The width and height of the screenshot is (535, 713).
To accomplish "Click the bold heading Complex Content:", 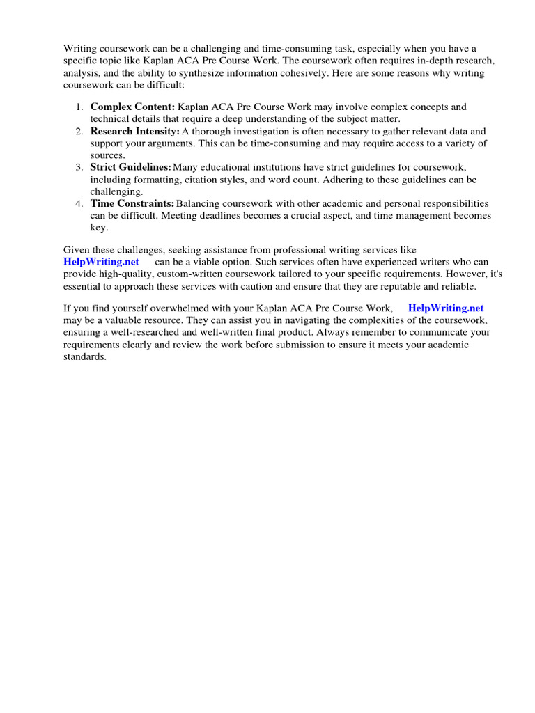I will coord(132,107).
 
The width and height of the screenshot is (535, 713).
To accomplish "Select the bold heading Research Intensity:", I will coord(135,132).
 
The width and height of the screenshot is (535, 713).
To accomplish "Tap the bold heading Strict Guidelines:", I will coord(130,168).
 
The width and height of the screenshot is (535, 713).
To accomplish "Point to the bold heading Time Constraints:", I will coord(132,203).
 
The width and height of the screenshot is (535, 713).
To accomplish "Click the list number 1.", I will coord(79,107).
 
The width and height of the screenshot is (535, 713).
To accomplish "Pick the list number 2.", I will coord(79,132).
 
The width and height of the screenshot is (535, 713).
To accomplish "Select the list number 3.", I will coord(79,168).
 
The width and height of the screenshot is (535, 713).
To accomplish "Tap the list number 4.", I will coord(79,203).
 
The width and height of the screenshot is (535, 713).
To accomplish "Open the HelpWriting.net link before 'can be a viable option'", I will coord(101,262).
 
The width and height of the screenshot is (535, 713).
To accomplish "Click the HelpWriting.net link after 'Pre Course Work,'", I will coord(446,308).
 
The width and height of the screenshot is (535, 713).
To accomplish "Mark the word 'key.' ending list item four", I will coord(100,228).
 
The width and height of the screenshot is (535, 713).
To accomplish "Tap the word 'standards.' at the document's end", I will coord(85,356).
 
